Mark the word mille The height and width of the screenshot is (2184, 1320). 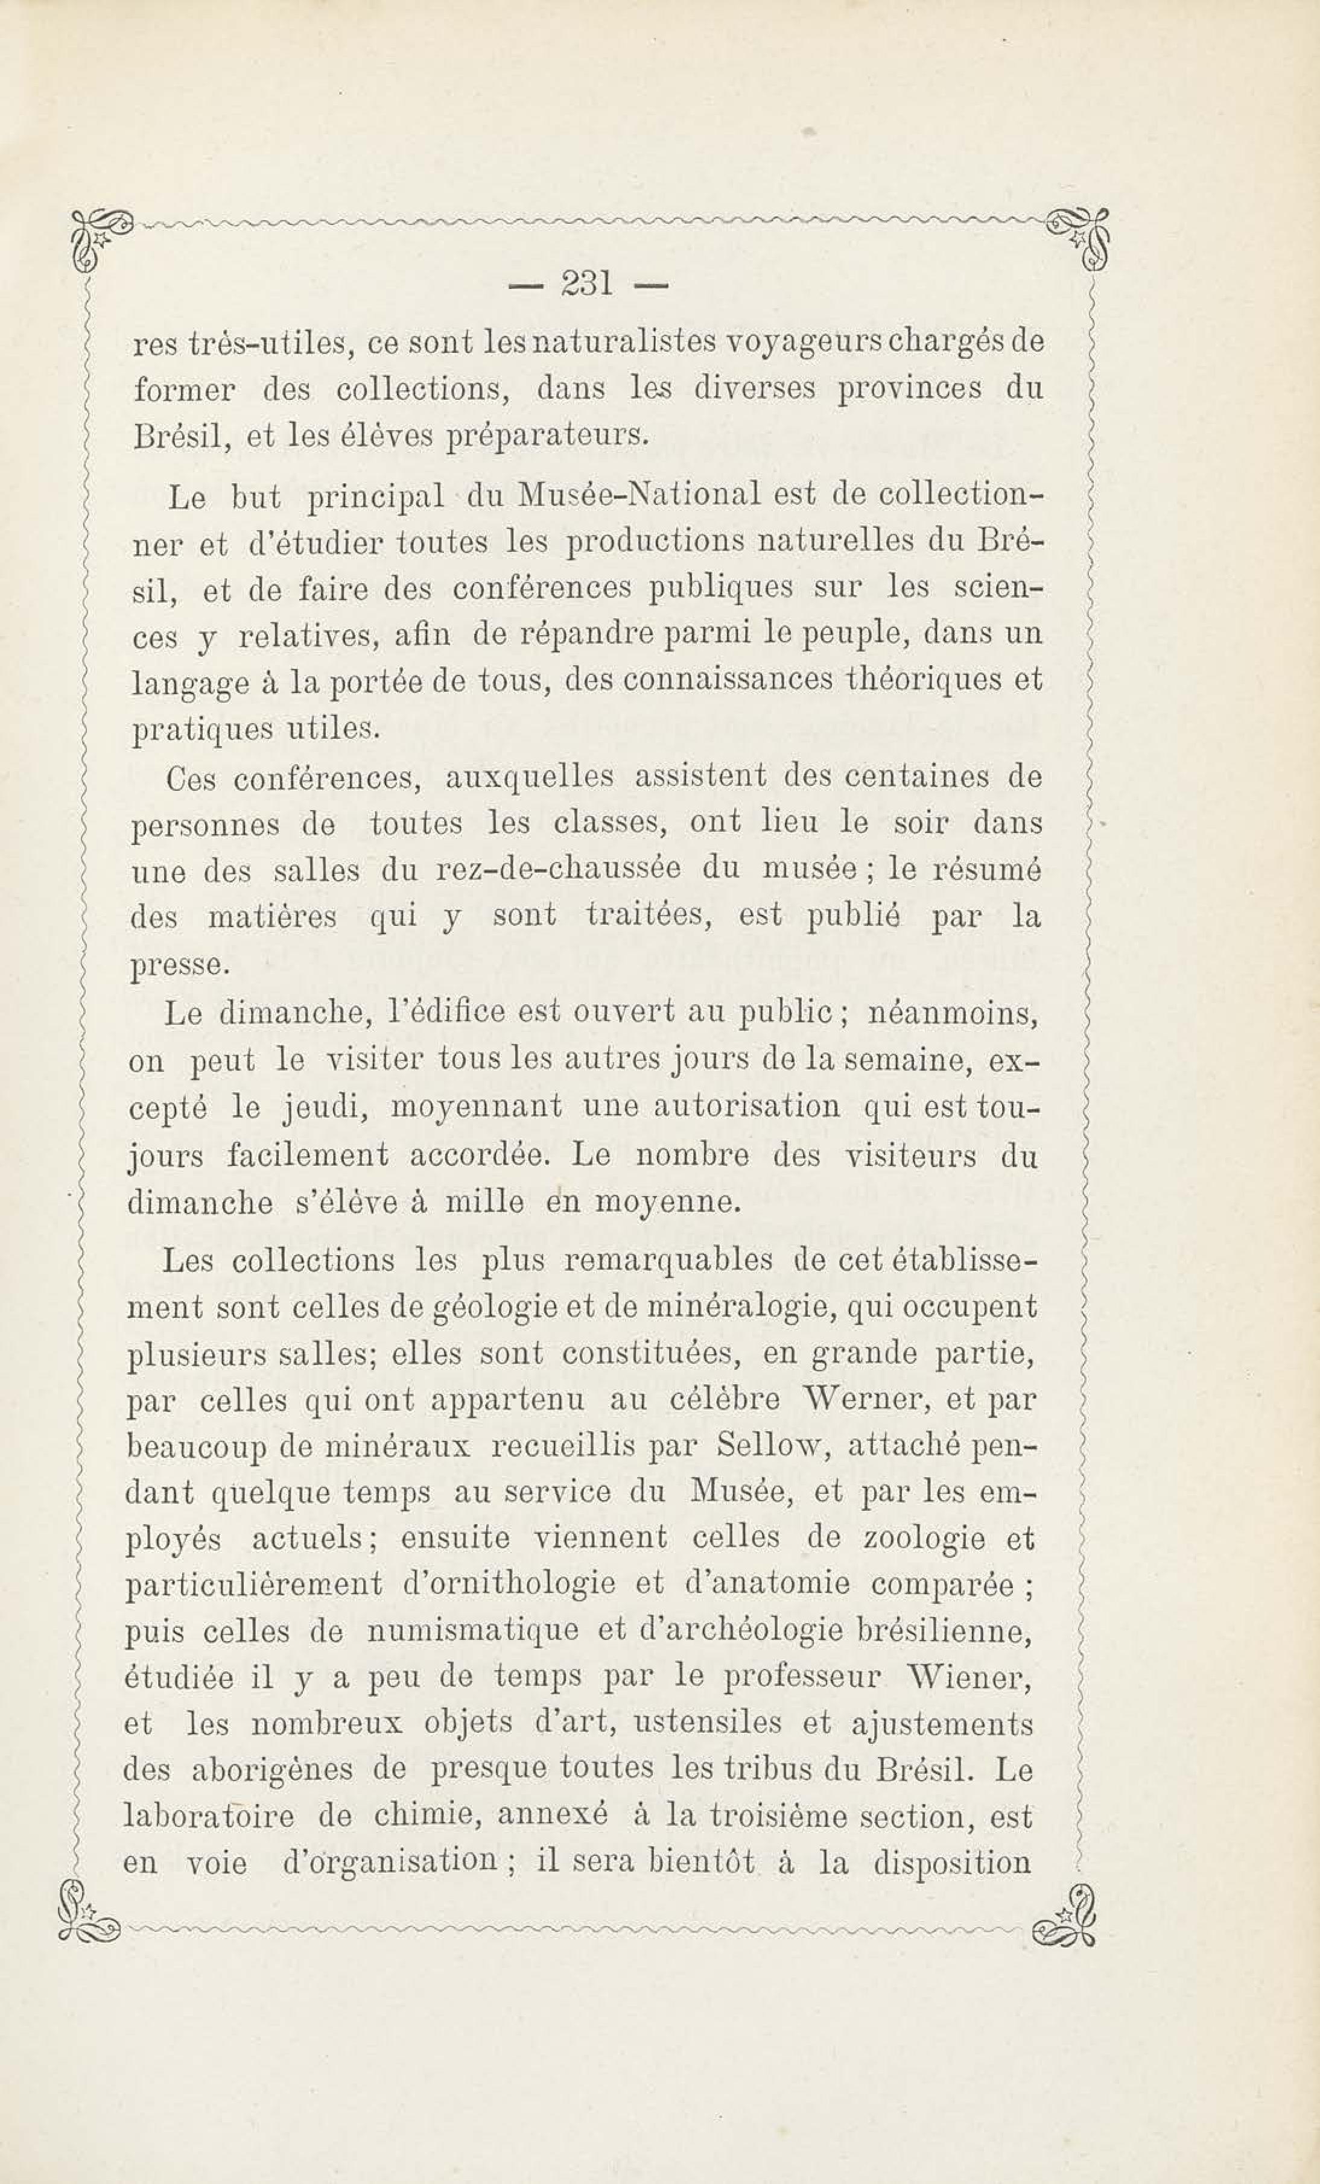(x=483, y=1202)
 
